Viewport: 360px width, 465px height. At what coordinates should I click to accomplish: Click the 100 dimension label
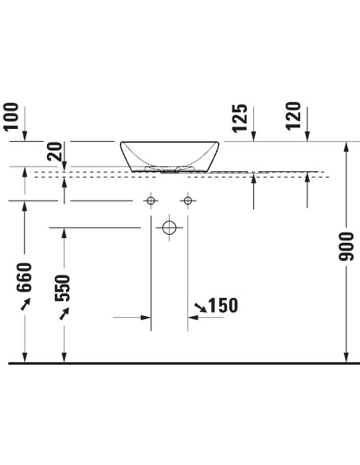point(11,116)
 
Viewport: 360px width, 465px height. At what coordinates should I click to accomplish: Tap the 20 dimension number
point(55,151)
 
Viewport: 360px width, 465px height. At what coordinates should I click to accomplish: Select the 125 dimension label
point(240,118)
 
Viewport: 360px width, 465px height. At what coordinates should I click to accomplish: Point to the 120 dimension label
point(294,115)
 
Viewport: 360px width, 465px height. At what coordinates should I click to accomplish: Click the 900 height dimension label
point(346,247)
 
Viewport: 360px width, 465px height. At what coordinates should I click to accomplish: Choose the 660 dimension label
point(24,277)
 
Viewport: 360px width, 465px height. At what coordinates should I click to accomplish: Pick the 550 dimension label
point(62,288)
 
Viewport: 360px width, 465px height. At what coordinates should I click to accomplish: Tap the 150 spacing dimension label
point(223,305)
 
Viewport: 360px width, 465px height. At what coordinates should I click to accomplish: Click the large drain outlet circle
point(170,228)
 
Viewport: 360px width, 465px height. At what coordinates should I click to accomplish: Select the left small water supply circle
point(151,201)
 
